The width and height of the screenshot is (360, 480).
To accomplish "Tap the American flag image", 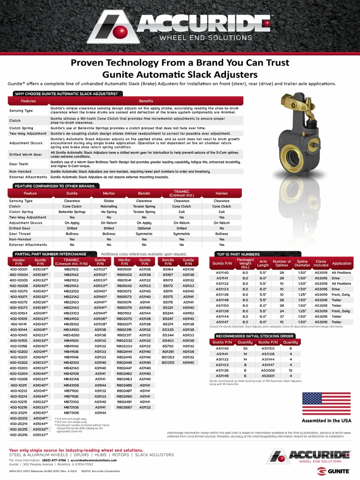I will click(x=327, y=405).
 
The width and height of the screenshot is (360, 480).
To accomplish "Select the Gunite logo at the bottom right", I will click(x=333, y=470).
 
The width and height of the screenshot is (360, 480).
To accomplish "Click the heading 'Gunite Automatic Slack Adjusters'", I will click(x=180, y=75).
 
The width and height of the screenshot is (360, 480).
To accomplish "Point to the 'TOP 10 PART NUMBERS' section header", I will click(x=238, y=254).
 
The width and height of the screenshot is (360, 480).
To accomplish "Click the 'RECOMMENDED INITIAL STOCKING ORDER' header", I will click(x=254, y=336).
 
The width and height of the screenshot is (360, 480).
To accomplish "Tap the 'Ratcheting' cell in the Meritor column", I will click(x=109, y=206).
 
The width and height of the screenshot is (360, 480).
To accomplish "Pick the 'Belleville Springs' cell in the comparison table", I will click(x=72, y=212).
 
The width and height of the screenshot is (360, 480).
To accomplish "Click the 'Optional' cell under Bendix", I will click(x=144, y=228).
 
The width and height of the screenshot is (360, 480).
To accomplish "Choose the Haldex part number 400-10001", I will click(x=19, y=270).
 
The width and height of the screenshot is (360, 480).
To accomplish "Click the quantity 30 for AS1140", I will click(x=245, y=348).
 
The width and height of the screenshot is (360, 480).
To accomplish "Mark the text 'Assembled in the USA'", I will click(x=326, y=420).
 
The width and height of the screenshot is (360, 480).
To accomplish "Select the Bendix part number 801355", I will click(x=168, y=362).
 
